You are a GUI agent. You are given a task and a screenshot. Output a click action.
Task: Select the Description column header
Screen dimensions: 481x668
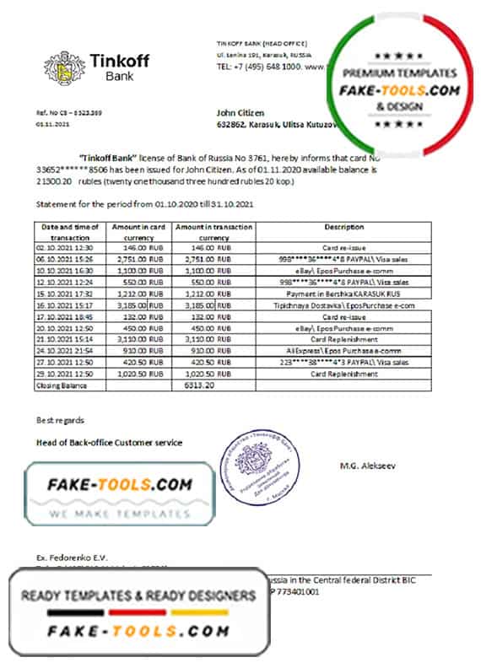(x=343, y=227)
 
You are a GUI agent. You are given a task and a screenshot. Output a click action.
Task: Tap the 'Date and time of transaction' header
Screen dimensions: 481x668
(x=68, y=232)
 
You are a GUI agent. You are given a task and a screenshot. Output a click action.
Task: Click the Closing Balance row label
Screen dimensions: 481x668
(x=57, y=384)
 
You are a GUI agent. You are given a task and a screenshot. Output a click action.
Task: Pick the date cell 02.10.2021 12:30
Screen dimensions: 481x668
(x=67, y=248)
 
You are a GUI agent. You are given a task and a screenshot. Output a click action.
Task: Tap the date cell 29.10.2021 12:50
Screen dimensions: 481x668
(x=67, y=373)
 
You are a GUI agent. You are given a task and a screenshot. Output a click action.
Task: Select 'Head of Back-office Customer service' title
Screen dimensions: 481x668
(x=109, y=442)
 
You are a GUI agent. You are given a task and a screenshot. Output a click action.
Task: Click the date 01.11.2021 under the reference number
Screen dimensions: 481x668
(x=53, y=122)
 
